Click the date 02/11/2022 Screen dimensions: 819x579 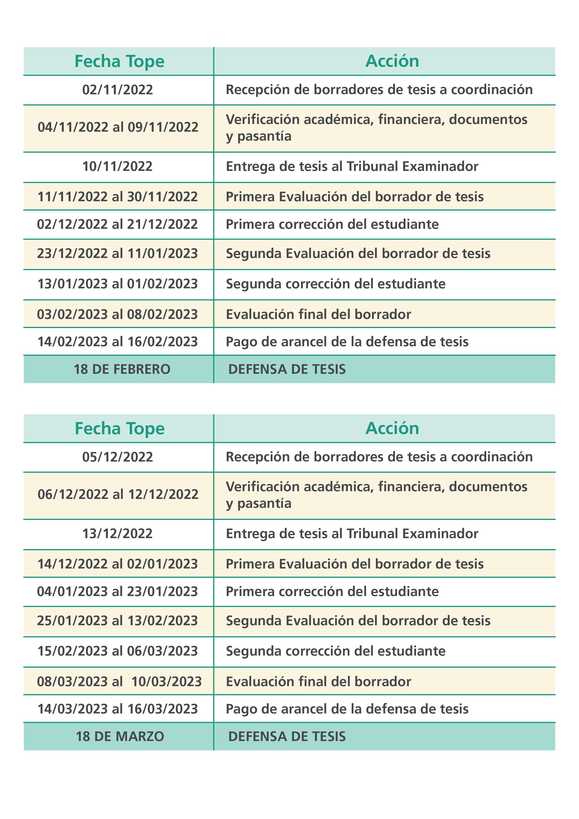pyautogui.click(x=117, y=89)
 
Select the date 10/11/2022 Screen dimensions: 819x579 pyautogui.click(x=117, y=166)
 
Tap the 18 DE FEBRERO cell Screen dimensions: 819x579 pyautogui.click(x=122, y=369)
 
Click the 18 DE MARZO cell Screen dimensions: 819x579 pyautogui.click(x=120, y=737)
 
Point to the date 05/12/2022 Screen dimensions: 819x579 pyautogui.click(x=117, y=457)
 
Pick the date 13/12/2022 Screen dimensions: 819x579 pyautogui.click(x=117, y=534)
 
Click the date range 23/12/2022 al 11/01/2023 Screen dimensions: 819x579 pyautogui.click(x=117, y=254)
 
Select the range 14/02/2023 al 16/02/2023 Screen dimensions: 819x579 pyautogui.click(x=117, y=342)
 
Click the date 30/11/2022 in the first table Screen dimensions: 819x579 pyautogui.click(x=162, y=197)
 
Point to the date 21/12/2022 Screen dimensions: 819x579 pyautogui.click(x=162, y=224)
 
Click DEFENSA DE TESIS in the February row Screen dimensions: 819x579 pyautogui.click(x=287, y=369)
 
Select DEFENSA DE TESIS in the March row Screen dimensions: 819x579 pyautogui.click(x=287, y=737)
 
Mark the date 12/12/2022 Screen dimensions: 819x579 pyautogui.click(x=163, y=494)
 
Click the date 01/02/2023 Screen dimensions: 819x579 pyautogui.click(x=162, y=284)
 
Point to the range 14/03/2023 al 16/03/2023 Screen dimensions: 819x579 pyautogui.click(x=117, y=709)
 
